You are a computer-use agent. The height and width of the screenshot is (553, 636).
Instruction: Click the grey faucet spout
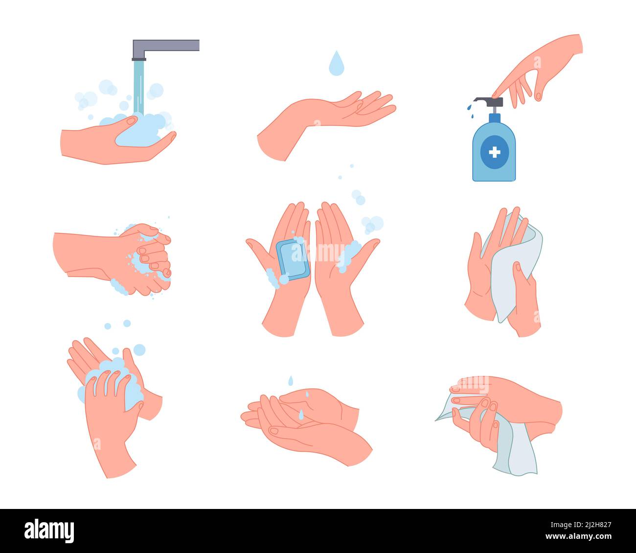(x=166, y=46)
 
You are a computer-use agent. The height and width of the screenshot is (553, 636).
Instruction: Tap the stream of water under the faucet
(x=139, y=86)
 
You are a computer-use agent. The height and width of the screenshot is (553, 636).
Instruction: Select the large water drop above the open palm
(x=336, y=64)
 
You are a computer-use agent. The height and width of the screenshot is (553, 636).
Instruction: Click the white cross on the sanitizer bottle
(x=495, y=153)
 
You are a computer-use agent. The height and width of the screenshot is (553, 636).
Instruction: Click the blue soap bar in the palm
(x=293, y=260)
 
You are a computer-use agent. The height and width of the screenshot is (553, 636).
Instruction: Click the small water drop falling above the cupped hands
(x=290, y=380)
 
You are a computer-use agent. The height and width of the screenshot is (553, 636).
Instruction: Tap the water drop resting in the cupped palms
(x=301, y=415)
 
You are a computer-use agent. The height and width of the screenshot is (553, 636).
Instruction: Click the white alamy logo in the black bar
(x=49, y=530)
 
